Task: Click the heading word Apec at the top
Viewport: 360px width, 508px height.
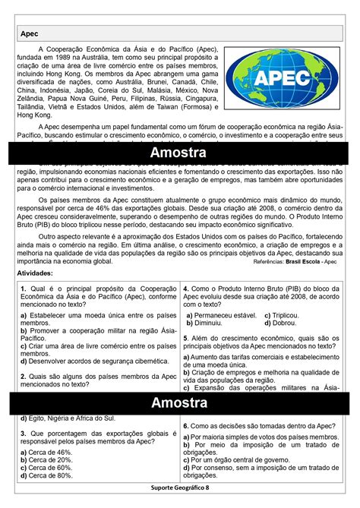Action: [x=30, y=34]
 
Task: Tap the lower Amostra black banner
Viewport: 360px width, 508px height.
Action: [x=179, y=401]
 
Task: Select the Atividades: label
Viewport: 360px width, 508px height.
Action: [x=34, y=272]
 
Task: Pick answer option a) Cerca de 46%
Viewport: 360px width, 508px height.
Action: [x=47, y=451]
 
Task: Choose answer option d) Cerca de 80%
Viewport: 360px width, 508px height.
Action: [x=47, y=475]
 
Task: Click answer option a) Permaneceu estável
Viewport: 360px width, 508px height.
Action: [x=220, y=314]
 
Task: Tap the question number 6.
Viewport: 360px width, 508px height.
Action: [x=186, y=428]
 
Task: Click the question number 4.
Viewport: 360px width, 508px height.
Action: [x=186, y=289]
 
